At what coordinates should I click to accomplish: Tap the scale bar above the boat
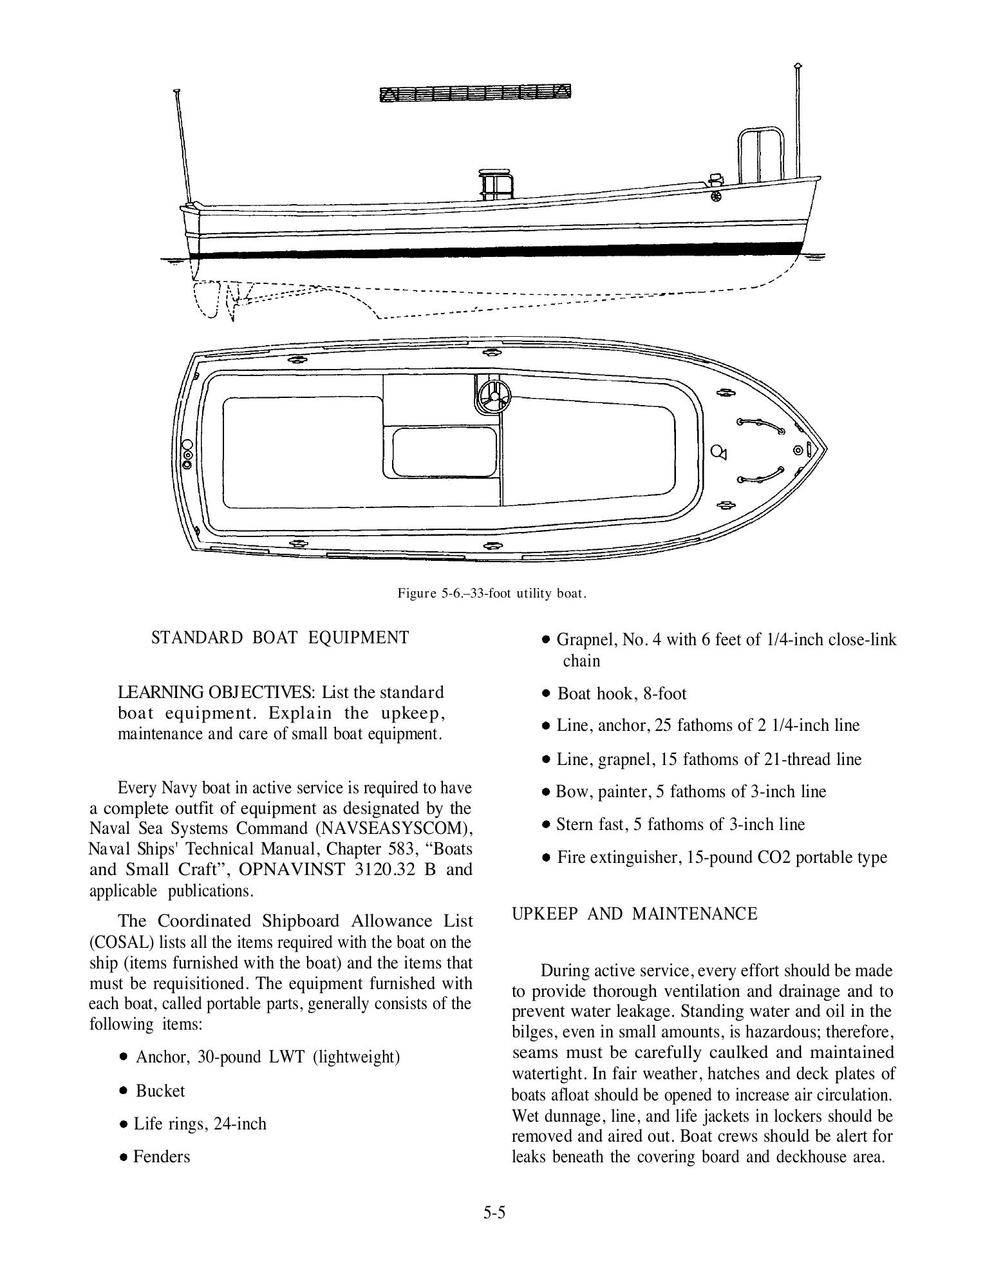tap(475, 93)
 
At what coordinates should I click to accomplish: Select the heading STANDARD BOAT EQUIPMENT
tap(279, 637)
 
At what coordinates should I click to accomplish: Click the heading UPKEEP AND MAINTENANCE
tap(634, 914)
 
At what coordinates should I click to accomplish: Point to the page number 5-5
tap(494, 1213)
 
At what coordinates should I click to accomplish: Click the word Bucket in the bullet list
tap(160, 1091)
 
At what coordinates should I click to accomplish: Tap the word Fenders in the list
tap(162, 1157)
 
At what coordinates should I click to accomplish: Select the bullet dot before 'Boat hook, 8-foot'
tap(546, 694)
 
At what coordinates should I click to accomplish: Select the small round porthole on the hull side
tap(716, 196)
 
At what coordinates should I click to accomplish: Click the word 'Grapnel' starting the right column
tap(581, 640)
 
